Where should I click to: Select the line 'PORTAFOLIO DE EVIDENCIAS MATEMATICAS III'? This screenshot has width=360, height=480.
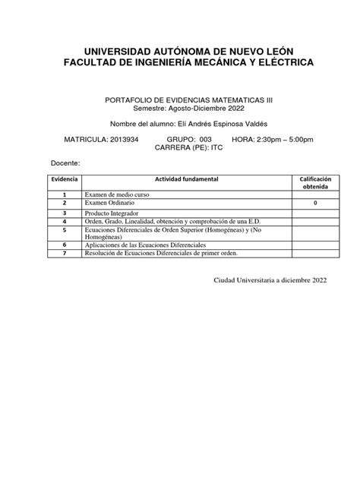point(180,99)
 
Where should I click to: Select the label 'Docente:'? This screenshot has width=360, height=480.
point(65,164)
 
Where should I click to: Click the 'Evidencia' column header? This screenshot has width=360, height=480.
point(65,178)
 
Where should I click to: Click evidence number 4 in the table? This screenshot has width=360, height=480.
point(65,221)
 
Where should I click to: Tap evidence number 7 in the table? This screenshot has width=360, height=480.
point(65,254)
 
